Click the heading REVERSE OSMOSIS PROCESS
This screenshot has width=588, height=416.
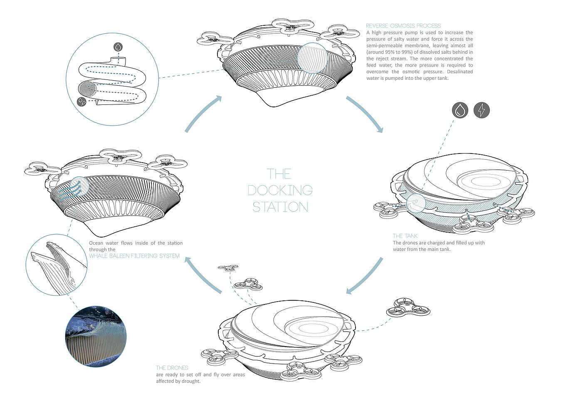403,26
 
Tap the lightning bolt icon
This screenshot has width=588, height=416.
482,110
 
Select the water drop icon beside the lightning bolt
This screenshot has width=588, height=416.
460,110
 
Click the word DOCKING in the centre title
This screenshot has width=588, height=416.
280,191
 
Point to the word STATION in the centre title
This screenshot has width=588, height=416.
280,207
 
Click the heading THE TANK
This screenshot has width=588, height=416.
405,236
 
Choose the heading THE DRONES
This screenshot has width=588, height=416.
172,368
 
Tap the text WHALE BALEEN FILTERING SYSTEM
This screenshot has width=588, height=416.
134,256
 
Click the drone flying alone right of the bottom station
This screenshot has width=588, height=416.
408,307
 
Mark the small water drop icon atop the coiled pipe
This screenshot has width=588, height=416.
119,47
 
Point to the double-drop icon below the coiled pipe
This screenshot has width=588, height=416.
82,101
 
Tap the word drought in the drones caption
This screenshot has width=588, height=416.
190,381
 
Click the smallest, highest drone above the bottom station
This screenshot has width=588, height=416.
228,268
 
